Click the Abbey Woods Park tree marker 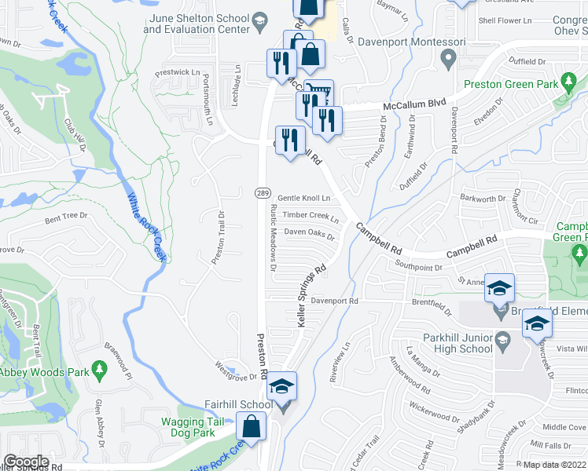click(x=98, y=368)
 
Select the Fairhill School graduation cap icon click(x=283, y=386)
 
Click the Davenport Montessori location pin click(x=449, y=57)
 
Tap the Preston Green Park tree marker click(x=566, y=81)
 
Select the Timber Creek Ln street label click(x=312, y=216)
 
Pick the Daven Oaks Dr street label click(x=309, y=233)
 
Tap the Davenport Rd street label click(x=334, y=301)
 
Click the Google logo click(x=26, y=461)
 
